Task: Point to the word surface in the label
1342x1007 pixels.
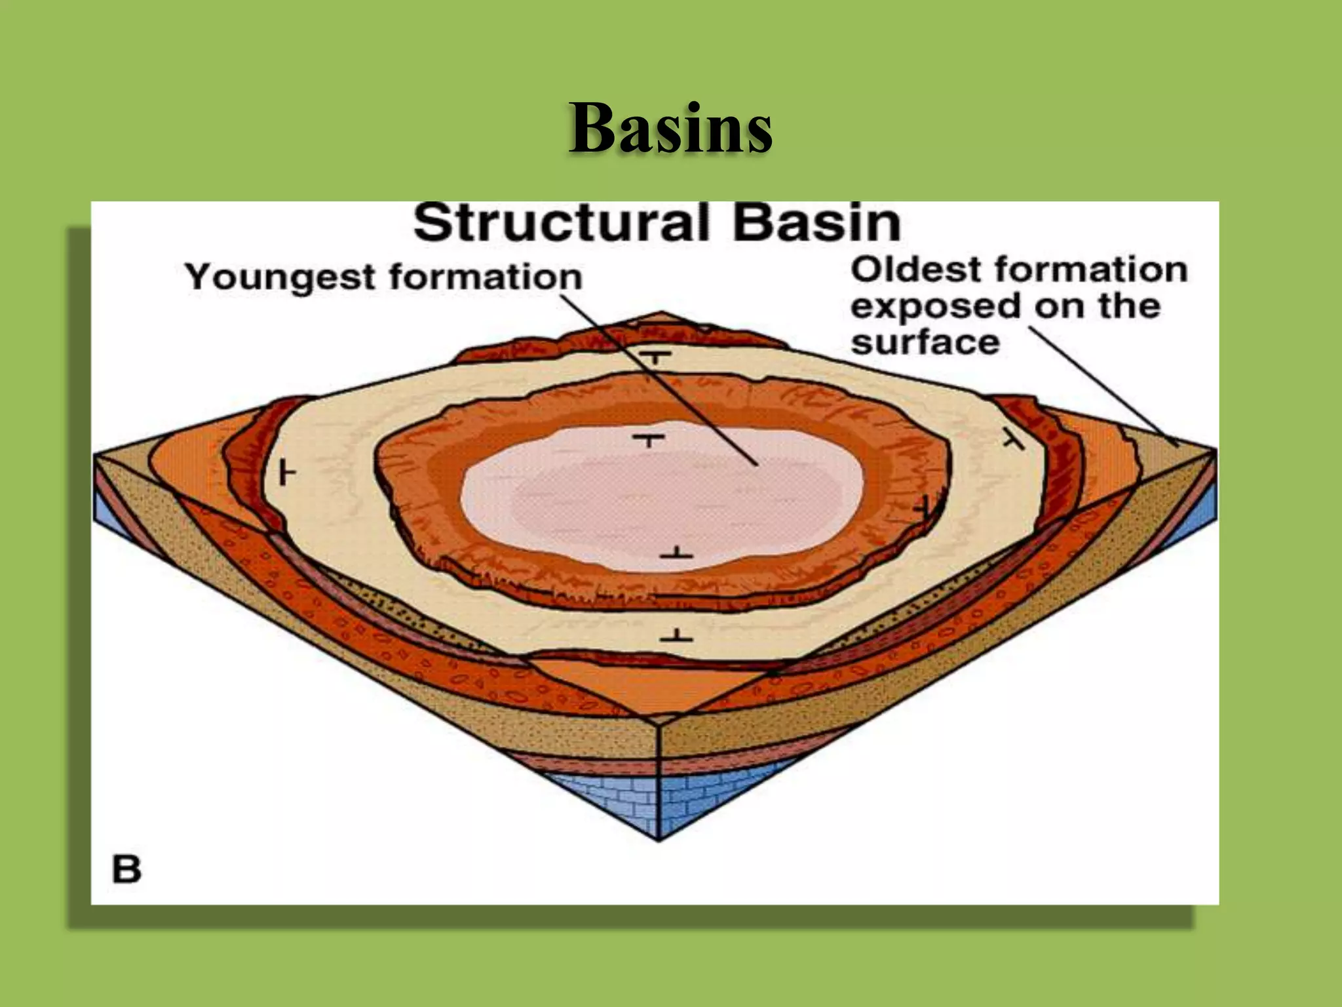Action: (925, 343)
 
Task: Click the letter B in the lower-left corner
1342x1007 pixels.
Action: (126, 869)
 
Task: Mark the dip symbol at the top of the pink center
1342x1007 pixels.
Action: (650, 440)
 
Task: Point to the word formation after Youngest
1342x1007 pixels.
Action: (485, 277)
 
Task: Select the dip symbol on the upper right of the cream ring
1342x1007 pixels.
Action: (1013, 441)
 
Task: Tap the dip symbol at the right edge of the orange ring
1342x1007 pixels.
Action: (924, 507)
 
